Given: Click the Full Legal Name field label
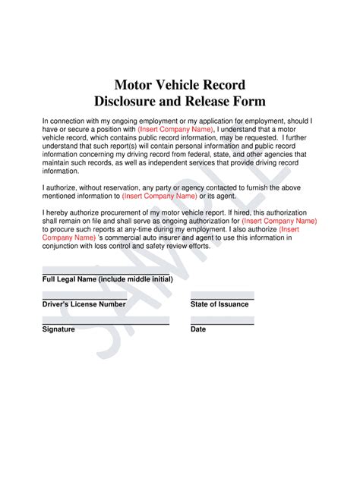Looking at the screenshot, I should click(x=107, y=279).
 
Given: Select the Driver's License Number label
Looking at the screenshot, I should click(x=84, y=304).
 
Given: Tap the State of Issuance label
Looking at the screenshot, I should click(x=219, y=304).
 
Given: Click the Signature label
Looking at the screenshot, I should click(x=58, y=330).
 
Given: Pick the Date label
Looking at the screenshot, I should click(x=198, y=330).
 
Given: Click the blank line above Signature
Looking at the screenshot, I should click(x=105, y=324).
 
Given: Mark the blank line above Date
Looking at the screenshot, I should click(x=222, y=324).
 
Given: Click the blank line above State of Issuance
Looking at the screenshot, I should click(x=222, y=299).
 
